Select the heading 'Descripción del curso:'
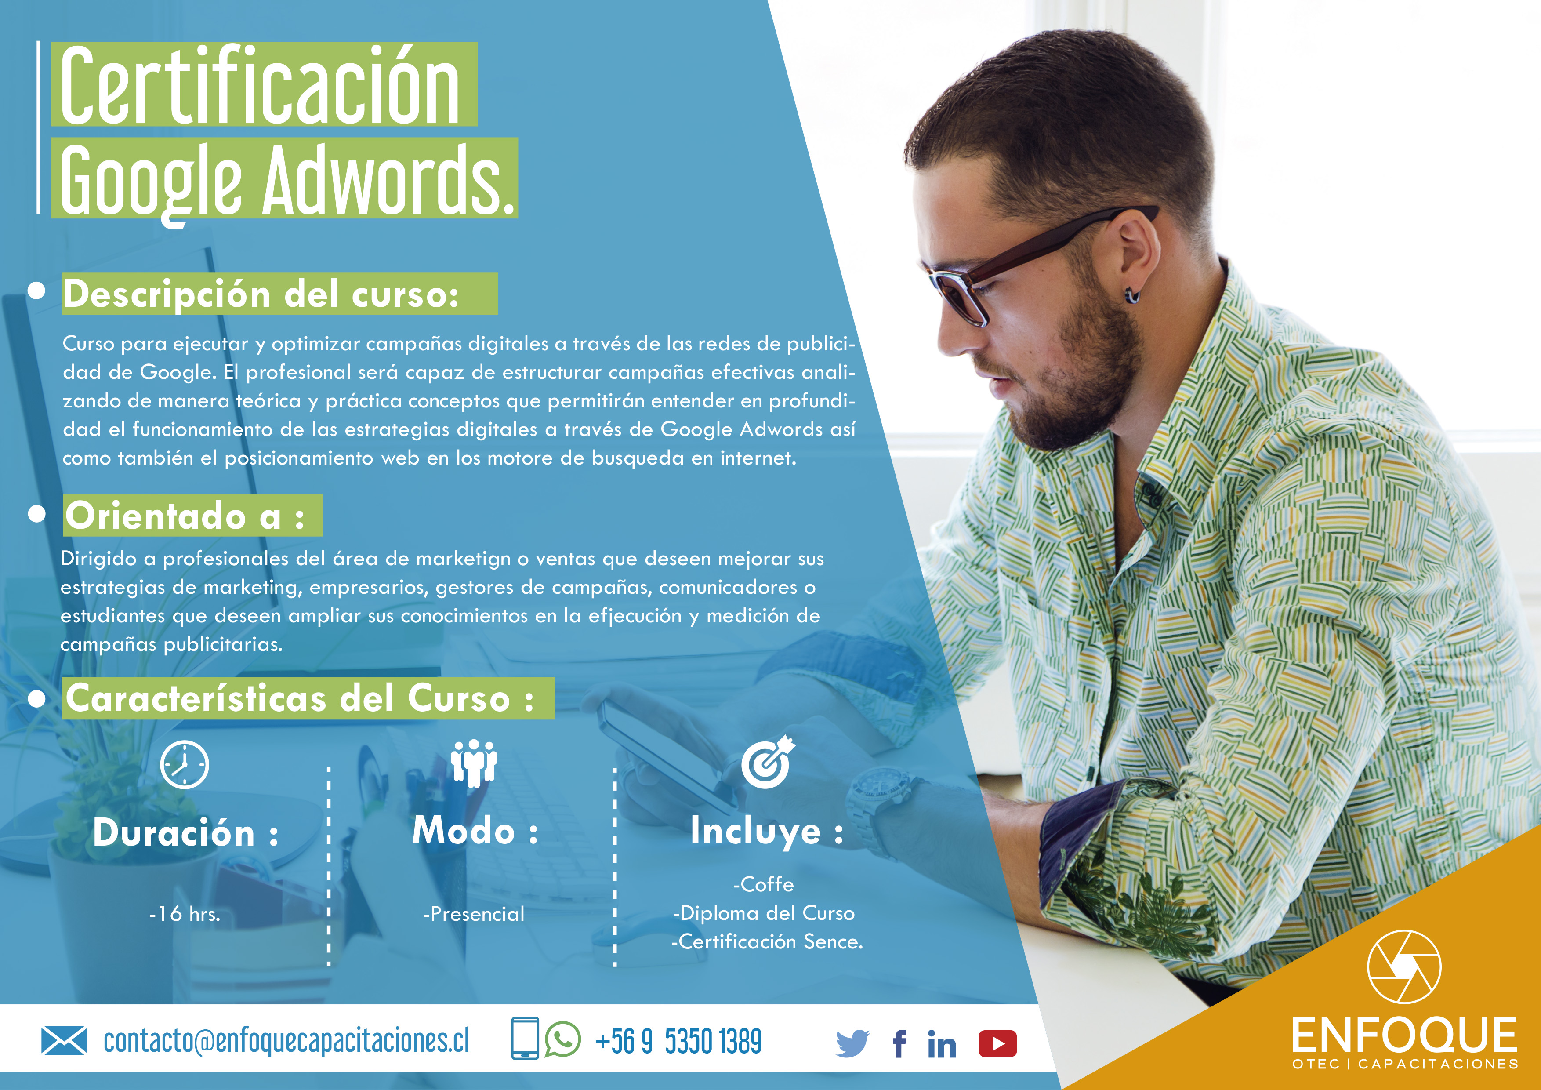click(x=262, y=294)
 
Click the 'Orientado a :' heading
click(x=185, y=516)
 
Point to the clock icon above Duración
click(x=185, y=764)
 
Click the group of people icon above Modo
click(x=474, y=763)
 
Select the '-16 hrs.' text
click(x=185, y=913)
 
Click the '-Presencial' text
click(x=473, y=913)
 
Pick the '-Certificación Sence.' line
click(x=766, y=942)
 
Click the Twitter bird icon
click(x=852, y=1044)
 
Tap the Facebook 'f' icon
click(x=899, y=1044)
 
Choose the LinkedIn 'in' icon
click(x=942, y=1044)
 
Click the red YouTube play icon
click(x=997, y=1044)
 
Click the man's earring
click(x=1132, y=294)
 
